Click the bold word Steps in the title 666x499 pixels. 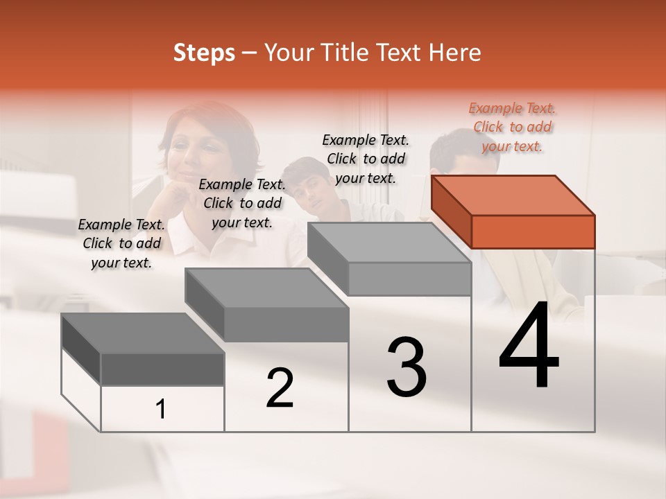(x=204, y=53)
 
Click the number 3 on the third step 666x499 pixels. (x=407, y=367)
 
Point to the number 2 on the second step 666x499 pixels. (x=280, y=388)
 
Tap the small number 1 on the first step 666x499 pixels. (x=161, y=410)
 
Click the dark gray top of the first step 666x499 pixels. (x=143, y=333)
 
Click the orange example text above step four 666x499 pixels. (x=512, y=127)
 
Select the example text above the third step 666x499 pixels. (x=366, y=159)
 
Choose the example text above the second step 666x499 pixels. (x=242, y=203)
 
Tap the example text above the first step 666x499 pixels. (x=121, y=243)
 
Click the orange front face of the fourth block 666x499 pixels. (x=533, y=231)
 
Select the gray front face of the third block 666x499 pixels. (x=409, y=279)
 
